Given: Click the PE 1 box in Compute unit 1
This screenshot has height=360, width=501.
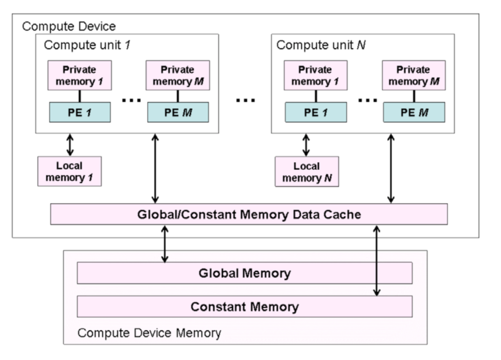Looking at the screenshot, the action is tap(80, 113).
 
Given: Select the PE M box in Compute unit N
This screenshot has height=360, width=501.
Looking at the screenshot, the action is tap(414, 113).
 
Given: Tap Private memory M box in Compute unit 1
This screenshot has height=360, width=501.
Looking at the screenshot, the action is tap(178, 75).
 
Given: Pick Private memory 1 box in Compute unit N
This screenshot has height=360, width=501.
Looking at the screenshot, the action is tap(316, 75).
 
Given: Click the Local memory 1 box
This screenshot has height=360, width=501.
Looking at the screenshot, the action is tap(69, 172).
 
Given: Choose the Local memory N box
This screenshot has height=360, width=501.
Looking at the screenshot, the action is tap(307, 172).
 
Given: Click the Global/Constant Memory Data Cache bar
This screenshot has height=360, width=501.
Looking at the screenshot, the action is tap(249, 214).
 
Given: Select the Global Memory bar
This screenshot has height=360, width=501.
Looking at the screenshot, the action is tap(245, 273).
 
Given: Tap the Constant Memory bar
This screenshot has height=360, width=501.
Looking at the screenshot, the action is tap(245, 307).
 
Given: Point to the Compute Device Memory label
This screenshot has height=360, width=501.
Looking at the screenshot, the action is tap(149, 333).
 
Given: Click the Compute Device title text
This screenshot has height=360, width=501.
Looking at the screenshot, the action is tap(69, 26).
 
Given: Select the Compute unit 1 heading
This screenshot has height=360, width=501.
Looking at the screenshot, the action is tap(87, 45).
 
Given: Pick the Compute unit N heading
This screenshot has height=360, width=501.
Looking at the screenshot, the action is tap(321, 45).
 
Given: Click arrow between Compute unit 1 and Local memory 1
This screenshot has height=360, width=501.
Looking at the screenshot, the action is tap(70, 145).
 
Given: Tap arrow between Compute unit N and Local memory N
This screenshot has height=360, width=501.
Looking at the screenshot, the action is tap(306, 145).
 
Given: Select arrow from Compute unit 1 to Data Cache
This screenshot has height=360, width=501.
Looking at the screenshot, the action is tap(155, 169).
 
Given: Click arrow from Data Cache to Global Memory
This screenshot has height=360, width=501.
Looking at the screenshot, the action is tap(165, 244).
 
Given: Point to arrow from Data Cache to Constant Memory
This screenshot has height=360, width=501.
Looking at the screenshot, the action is tap(377, 261).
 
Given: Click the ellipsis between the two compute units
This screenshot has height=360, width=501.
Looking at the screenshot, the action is tap(245, 100).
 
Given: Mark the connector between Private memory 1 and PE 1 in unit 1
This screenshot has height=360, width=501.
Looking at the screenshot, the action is tap(80, 96).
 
